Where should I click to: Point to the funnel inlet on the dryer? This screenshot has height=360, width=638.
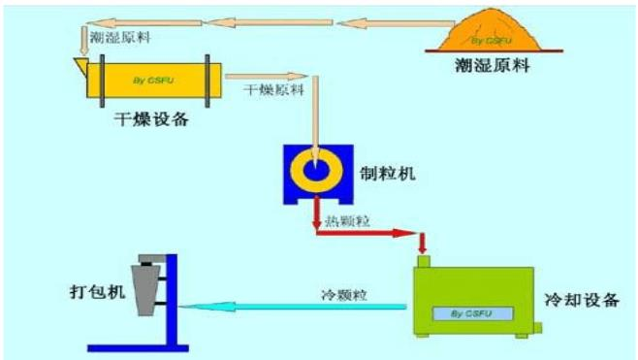[x=83, y=65]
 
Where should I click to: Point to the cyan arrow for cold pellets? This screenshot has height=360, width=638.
[x=291, y=307]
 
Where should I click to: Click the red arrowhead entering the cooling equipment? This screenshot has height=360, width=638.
[x=423, y=245]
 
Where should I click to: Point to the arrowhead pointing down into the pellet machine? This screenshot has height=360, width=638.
[x=316, y=138]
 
